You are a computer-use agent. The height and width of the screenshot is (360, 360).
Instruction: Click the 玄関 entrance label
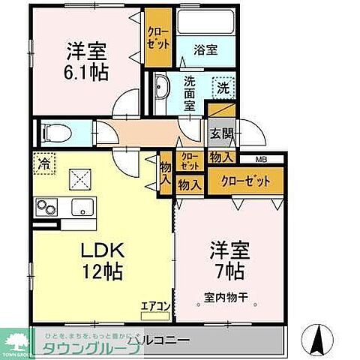coord(221,135)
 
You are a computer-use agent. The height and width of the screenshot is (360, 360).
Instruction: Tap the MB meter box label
coord(260,159)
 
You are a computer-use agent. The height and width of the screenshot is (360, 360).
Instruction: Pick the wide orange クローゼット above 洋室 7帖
coord(247,181)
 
